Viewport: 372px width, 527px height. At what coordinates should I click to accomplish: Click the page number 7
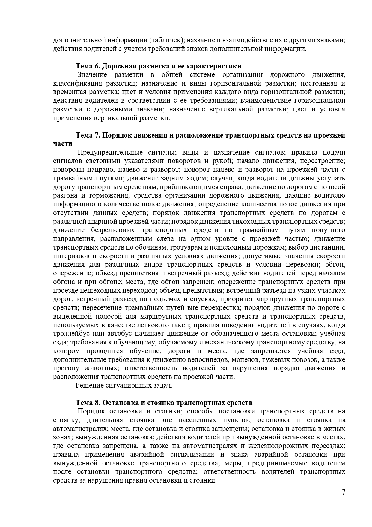344,500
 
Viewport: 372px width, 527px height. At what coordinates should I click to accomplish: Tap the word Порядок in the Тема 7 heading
116,135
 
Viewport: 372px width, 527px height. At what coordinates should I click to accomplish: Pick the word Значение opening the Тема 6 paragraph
92,75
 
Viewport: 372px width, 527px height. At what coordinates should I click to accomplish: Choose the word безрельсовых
112,230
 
